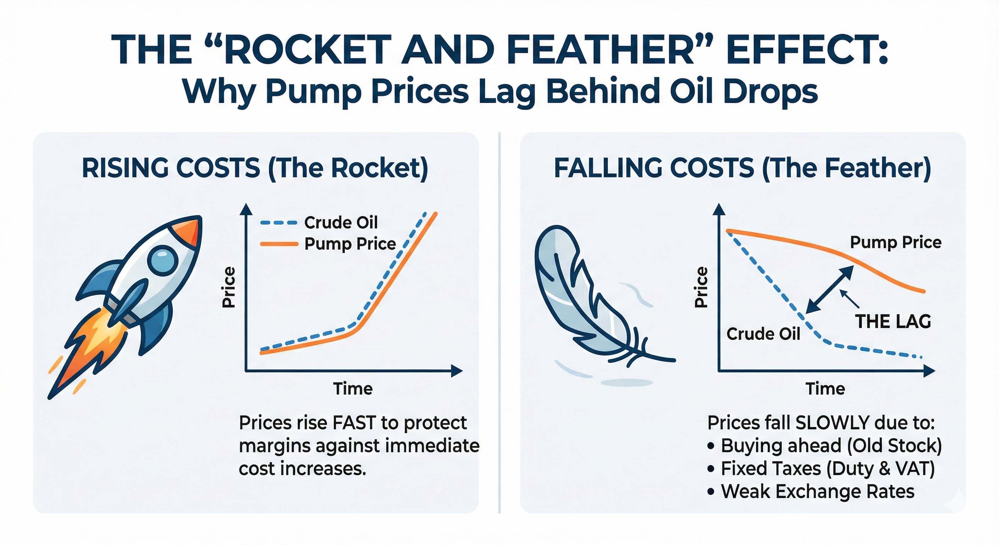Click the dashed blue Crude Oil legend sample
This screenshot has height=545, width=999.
tap(278, 223)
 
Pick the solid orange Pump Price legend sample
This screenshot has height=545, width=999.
tap(278, 244)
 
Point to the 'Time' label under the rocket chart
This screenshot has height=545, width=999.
tap(353, 389)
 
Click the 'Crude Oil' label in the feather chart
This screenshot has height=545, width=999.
tap(763, 334)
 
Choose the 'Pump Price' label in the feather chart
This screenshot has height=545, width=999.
tap(895, 242)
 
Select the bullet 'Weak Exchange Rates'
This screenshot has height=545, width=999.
tap(817, 491)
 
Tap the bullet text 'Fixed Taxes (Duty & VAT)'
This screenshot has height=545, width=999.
tap(828, 469)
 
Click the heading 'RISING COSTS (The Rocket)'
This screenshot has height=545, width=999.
tap(255, 168)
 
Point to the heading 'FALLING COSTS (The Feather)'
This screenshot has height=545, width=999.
tap(742, 168)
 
